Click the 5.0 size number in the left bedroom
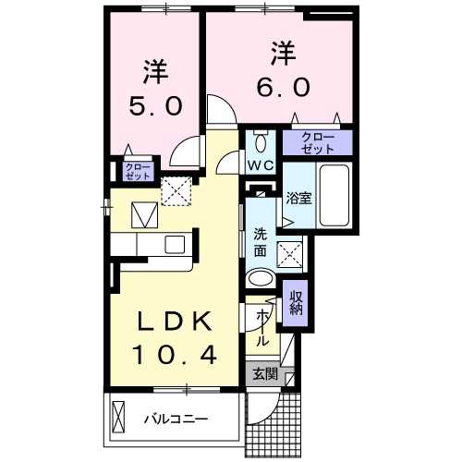154,105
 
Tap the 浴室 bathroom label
297,197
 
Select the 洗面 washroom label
261,242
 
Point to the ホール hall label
261,326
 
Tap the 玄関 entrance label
265,374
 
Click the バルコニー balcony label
176,419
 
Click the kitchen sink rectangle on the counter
175,244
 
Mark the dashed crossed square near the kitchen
176,191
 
